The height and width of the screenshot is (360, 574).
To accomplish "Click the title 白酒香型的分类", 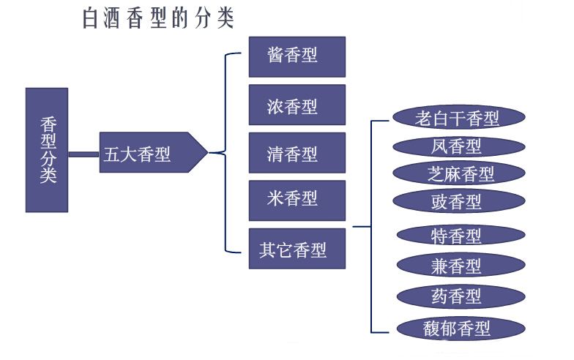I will coord(158,18).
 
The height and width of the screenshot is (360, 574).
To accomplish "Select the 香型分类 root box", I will coord(47,150).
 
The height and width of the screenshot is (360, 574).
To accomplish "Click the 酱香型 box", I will coord(297,56).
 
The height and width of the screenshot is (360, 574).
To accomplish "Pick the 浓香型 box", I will coord(297,105).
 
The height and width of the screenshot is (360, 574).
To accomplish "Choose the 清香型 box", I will coord(297,154).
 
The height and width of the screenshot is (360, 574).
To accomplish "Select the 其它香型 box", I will coord(297,249).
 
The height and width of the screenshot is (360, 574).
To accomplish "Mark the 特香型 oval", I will coord(461,235).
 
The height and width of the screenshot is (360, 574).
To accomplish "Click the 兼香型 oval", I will coord(461,265).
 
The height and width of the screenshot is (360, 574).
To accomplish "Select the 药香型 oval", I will coord(461,296).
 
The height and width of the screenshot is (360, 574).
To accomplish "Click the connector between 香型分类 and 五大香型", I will coord(83,154).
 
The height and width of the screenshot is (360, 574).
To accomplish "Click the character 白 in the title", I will coord(92,18).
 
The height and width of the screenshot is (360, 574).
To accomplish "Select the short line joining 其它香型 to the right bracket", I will coord(362,228).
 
